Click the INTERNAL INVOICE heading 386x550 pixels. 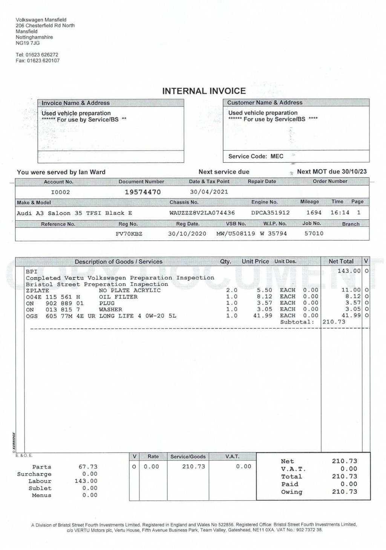204,91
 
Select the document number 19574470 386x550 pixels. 142,192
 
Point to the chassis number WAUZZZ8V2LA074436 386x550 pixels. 202,213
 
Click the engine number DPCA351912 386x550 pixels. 270,213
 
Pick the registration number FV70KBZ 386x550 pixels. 129,234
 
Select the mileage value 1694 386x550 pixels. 314,213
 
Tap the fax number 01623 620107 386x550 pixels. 43,61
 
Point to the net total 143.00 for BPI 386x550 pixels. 349,271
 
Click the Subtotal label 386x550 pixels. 297,322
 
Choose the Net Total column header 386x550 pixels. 341,261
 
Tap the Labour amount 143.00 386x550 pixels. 86,481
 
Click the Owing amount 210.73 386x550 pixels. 344,492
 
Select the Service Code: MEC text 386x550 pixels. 256,156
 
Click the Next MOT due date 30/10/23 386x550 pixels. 354,172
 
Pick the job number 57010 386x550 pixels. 314,234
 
